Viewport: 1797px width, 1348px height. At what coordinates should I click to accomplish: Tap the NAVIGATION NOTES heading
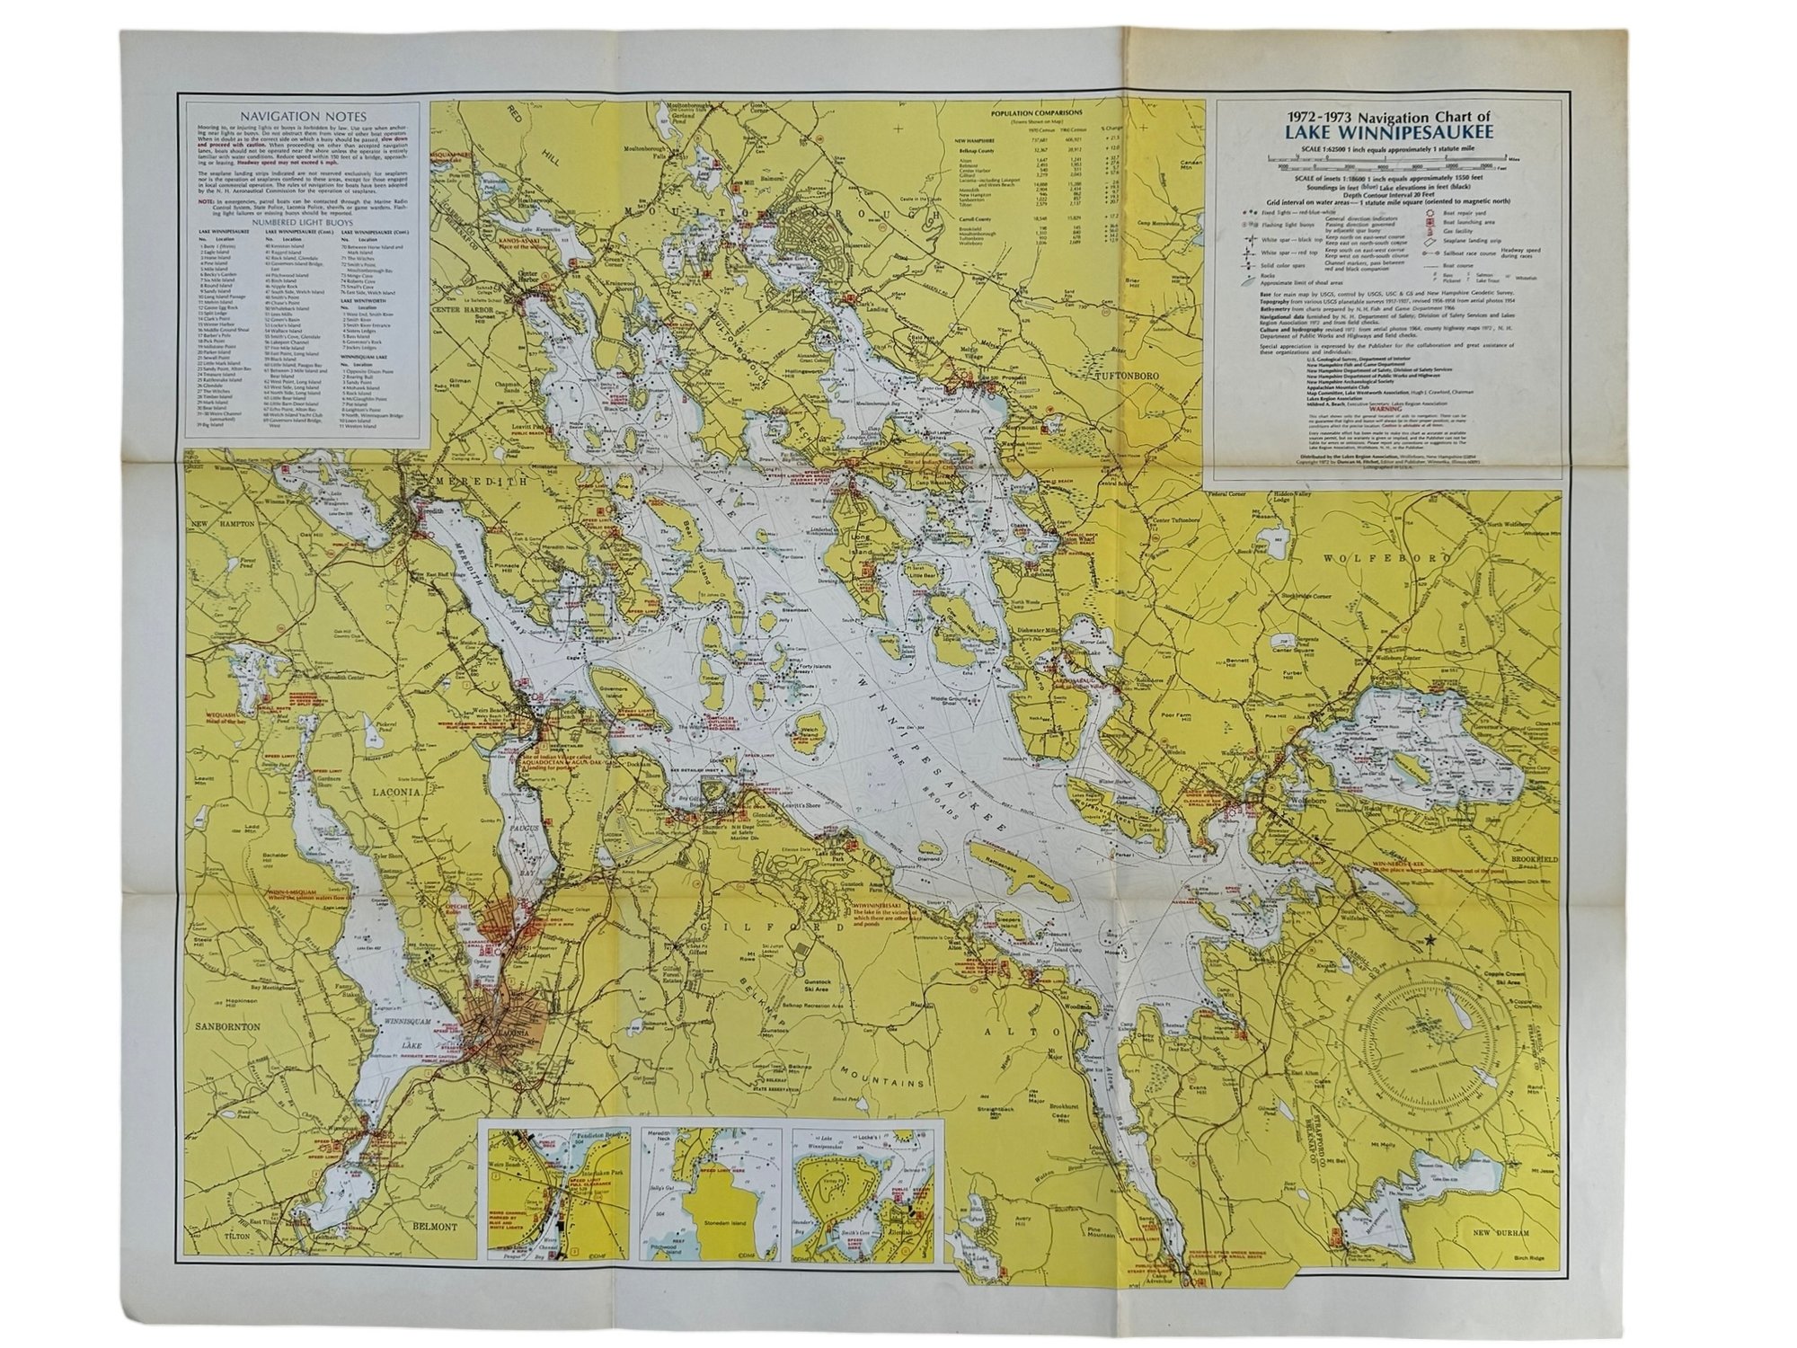(304, 117)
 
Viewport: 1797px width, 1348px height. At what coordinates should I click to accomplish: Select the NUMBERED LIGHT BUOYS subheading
(304, 221)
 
